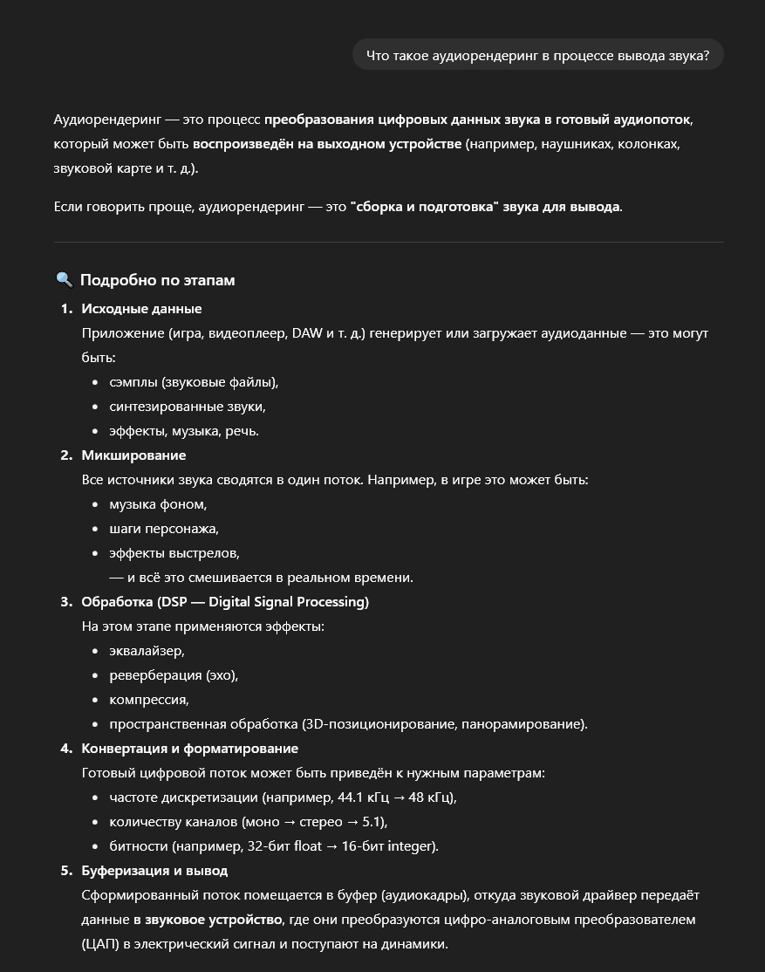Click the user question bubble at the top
point(537,55)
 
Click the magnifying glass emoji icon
point(64,280)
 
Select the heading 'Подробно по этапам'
point(157,280)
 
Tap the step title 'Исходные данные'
point(141,309)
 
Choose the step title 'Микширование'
point(133,455)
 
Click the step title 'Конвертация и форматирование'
point(189,749)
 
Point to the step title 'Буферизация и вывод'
point(154,871)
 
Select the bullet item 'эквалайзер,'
point(147,651)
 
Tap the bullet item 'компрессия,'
point(149,700)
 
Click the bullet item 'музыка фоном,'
point(158,504)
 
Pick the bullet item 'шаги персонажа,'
point(163,529)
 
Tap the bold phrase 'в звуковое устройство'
point(208,920)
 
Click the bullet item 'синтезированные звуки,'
point(187,407)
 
